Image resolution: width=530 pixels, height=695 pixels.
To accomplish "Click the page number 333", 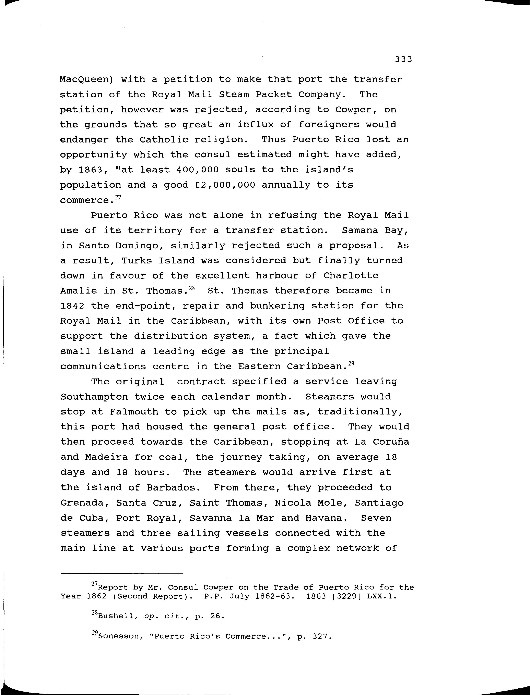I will pos(403,59).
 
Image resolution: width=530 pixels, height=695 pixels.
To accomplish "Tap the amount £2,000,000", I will pos(225,185).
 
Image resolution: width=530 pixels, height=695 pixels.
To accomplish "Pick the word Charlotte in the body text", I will pos(351,276).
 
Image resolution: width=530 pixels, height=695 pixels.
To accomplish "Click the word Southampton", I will pos(94,397).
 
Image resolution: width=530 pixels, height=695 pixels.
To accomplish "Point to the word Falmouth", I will pos(134,412).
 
